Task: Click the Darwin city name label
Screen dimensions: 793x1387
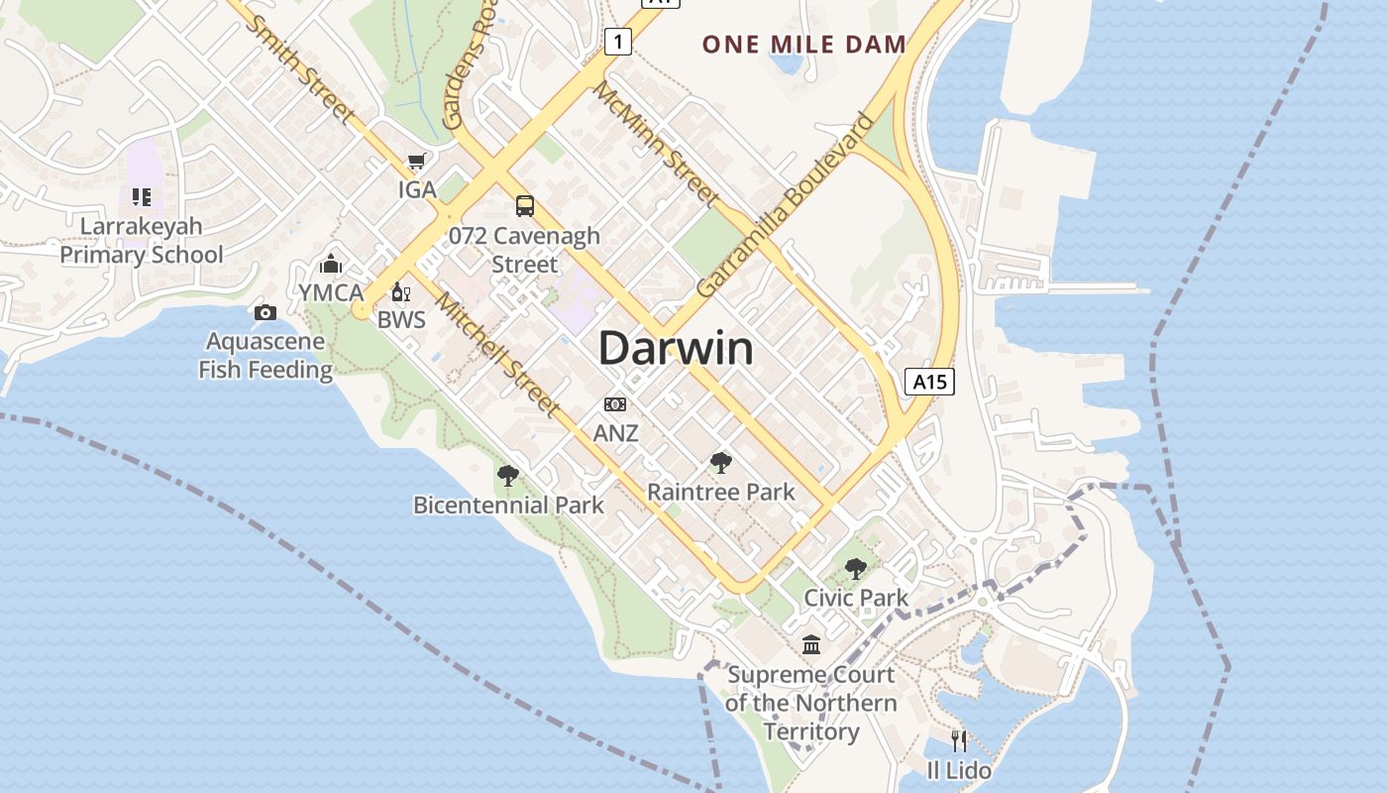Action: pos(676,348)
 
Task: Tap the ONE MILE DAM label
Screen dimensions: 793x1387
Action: pos(804,44)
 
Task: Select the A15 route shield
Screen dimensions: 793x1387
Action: pos(929,382)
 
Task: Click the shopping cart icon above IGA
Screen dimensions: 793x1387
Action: pos(417,162)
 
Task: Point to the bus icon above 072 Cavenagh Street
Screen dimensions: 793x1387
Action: pos(524,206)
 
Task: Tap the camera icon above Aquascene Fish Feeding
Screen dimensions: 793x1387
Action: pos(265,313)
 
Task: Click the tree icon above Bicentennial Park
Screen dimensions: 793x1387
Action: pos(508,476)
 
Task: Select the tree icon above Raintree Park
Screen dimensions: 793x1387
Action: pos(721,462)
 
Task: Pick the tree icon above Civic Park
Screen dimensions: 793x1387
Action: pos(856,569)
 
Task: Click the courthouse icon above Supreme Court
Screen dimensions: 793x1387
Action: pos(811,645)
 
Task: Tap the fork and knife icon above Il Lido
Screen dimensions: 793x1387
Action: pos(958,740)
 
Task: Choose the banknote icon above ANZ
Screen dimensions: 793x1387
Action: pos(615,404)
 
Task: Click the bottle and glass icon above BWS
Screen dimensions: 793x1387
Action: pos(400,291)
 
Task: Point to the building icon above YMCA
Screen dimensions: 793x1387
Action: pos(330,264)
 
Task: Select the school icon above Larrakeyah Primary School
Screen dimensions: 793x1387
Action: pos(142,197)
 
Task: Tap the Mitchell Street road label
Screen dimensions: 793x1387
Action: pos(498,354)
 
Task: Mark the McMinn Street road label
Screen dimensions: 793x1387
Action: pos(656,144)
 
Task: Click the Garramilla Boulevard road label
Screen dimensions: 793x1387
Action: pos(786,205)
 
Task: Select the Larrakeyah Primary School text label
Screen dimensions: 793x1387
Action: pos(142,240)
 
